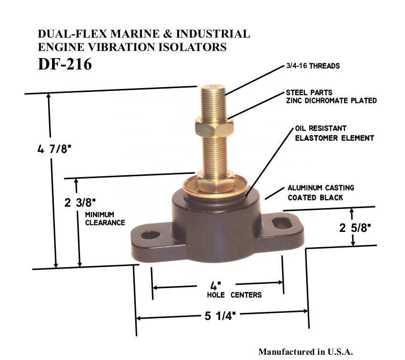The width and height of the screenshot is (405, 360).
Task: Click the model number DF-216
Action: pos(65,64)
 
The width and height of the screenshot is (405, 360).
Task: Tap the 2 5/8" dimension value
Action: pos(355,228)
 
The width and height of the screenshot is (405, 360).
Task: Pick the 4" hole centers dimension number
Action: pos(215,286)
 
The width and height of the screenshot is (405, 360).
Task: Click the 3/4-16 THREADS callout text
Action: pos(313,66)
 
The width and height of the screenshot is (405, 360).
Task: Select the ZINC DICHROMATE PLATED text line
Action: pos(331,100)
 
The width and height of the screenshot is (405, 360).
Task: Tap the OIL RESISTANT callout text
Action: pos(321,129)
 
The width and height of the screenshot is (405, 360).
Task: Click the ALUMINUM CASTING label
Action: pos(321,188)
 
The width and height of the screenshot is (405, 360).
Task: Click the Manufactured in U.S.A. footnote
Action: pos(305,352)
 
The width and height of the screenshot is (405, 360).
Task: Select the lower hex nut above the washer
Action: pos(215,182)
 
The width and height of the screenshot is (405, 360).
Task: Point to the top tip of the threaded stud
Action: pos(213,87)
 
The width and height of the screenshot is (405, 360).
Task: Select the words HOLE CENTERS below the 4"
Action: pos(234,295)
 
